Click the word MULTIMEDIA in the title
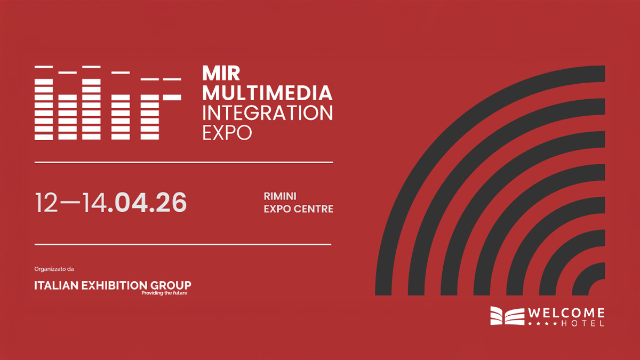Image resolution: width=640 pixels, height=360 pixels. click(x=267, y=93)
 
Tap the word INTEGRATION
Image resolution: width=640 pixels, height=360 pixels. click(x=267, y=113)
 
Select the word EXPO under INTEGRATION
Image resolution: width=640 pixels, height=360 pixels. click(x=227, y=133)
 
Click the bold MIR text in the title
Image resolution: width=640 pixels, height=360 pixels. click(x=221, y=74)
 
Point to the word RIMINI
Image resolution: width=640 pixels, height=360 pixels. click(x=280, y=196)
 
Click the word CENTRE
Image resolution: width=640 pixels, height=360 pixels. click(x=314, y=209)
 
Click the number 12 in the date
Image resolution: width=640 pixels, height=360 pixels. click(x=46, y=202)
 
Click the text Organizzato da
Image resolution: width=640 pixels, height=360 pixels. click(x=54, y=269)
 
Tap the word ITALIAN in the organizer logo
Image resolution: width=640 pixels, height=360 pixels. click(x=57, y=285)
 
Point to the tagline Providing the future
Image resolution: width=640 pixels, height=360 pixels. click(x=164, y=293)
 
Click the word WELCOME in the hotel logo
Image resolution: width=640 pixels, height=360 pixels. click(x=566, y=313)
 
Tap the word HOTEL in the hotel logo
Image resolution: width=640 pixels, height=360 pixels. click(x=582, y=323)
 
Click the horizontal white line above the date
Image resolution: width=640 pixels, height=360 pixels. click(x=184, y=162)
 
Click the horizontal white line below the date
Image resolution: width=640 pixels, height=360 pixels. click(x=183, y=245)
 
